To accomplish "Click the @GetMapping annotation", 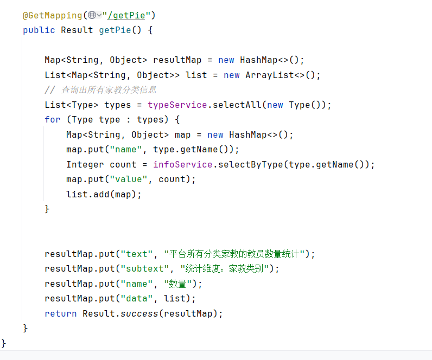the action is [x=52, y=15].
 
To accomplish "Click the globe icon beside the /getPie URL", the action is [x=92, y=15].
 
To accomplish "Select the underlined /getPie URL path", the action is [x=126, y=15].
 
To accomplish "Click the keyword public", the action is [x=39, y=30].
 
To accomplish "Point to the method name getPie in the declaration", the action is [x=115, y=30].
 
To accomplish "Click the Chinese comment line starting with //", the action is [x=100, y=89].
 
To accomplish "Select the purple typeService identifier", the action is [x=177, y=105].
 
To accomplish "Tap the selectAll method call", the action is [x=237, y=105].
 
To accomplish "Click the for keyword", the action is [x=52, y=119].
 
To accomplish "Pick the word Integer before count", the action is [x=85, y=164].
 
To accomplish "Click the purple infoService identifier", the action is [x=183, y=164].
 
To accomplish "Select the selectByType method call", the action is [x=250, y=164].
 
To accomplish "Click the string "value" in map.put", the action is [x=129, y=179].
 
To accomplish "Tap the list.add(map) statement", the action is [x=104, y=194].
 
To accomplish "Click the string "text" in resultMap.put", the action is [x=137, y=254].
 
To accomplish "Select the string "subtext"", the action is [x=145, y=268].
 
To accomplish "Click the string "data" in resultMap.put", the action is [x=137, y=298].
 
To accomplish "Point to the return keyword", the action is [x=61, y=313].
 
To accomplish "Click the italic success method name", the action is [x=139, y=313].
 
